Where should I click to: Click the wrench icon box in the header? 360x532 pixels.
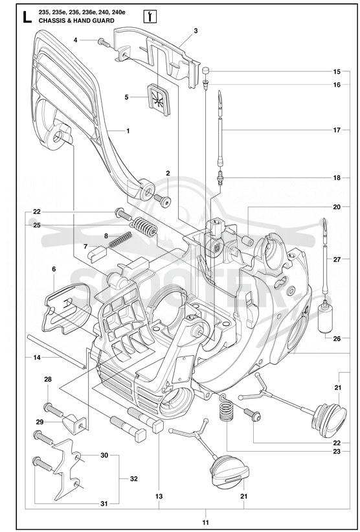[x=150, y=16]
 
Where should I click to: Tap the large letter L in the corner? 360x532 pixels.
[x=27, y=17]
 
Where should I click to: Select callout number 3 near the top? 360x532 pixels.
[x=196, y=31]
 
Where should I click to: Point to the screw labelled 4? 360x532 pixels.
[x=104, y=42]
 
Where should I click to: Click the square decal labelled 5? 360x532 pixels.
[x=159, y=99]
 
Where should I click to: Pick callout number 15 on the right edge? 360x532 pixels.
[x=337, y=71]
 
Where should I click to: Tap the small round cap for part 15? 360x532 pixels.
[x=205, y=71]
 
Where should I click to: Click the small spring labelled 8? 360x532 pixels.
[x=120, y=240]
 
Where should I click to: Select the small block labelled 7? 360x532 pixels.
[x=97, y=253]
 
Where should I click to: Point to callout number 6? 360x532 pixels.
[x=54, y=269]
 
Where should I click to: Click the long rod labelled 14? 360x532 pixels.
[x=56, y=351]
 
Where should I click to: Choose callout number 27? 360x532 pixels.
[x=337, y=260]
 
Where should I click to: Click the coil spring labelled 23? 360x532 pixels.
[x=226, y=408]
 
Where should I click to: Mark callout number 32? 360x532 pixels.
[x=134, y=479]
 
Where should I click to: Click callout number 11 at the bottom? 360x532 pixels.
[x=206, y=522]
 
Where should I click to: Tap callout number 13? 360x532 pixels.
[x=159, y=496]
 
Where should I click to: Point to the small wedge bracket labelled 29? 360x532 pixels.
[x=74, y=424]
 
